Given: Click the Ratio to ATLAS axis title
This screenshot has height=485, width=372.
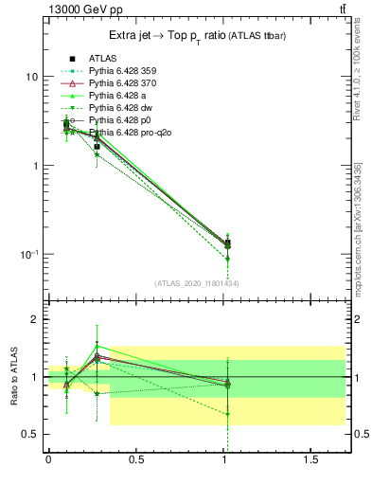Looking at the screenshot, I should click(x=14, y=377).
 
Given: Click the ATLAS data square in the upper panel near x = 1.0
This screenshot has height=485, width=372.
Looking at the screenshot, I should click(x=227, y=243).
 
